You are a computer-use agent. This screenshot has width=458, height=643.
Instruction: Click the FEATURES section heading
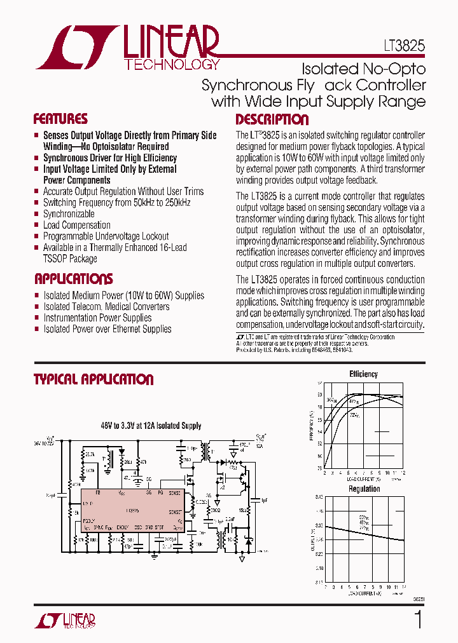click(60, 119)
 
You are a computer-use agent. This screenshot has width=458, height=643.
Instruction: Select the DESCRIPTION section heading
click(272, 119)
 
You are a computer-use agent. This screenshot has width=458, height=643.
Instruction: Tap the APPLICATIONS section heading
click(73, 279)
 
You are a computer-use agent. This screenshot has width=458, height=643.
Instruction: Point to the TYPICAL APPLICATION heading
click(94, 379)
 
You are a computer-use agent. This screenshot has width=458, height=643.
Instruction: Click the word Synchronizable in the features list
click(69, 214)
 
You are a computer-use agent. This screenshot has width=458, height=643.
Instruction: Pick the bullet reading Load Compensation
click(76, 225)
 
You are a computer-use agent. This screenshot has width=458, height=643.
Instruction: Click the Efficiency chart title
click(363, 374)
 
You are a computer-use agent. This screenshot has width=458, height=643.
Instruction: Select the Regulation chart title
click(364, 489)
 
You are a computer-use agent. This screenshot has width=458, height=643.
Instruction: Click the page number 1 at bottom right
click(418, 620)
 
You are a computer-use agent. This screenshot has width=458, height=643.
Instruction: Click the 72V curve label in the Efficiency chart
click(354, 415)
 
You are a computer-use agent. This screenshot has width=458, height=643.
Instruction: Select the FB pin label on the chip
click(98, 492)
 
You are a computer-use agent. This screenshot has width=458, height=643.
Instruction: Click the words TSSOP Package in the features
click(70, 259)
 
